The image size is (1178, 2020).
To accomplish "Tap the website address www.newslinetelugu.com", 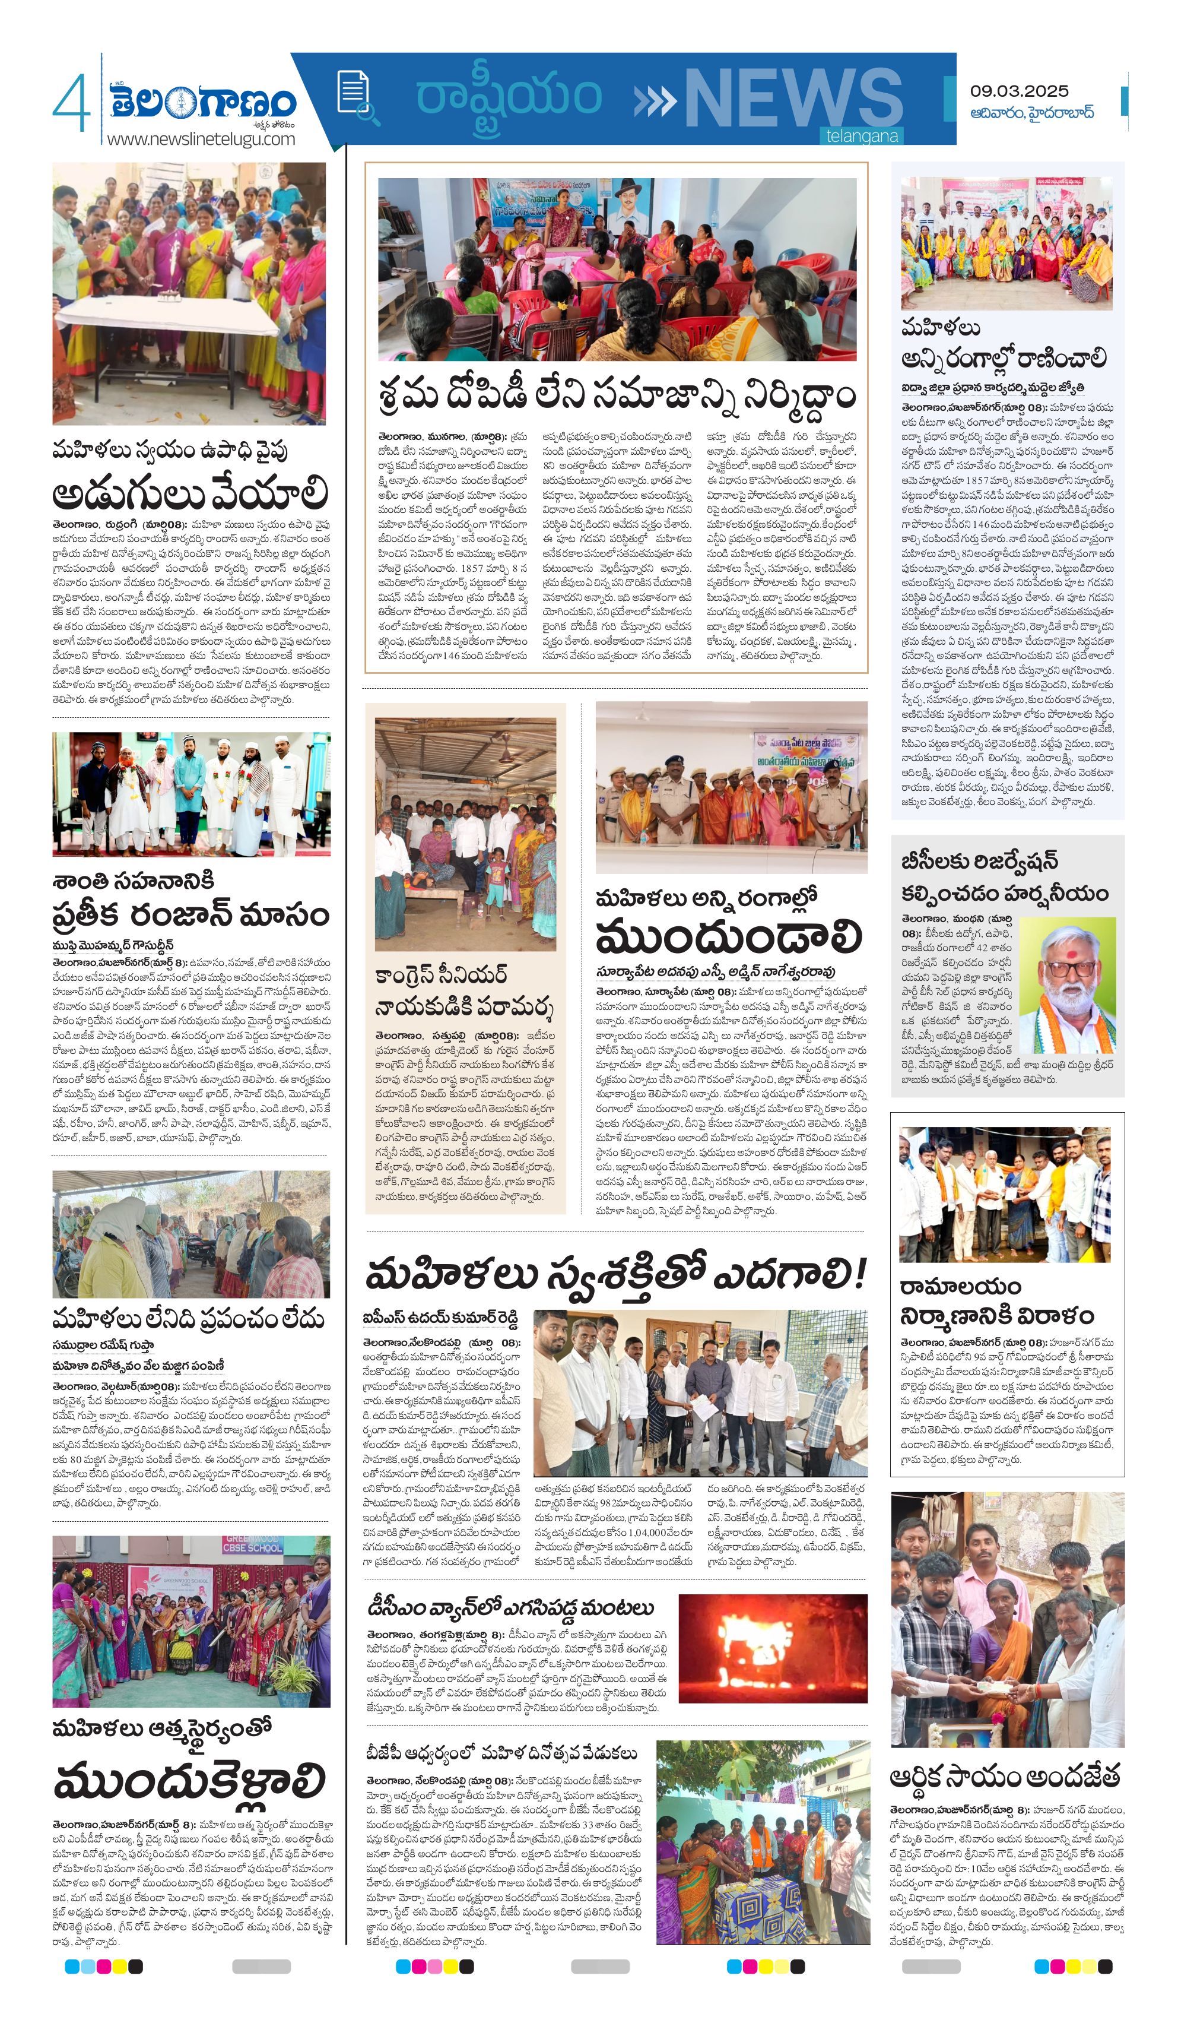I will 201,139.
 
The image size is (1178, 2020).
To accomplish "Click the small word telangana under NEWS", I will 862,137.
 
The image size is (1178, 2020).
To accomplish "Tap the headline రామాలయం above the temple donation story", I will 960,1287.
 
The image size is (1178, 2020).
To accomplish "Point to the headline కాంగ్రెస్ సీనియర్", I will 441,975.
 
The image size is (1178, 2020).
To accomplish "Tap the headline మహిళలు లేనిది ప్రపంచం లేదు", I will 188,1319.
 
